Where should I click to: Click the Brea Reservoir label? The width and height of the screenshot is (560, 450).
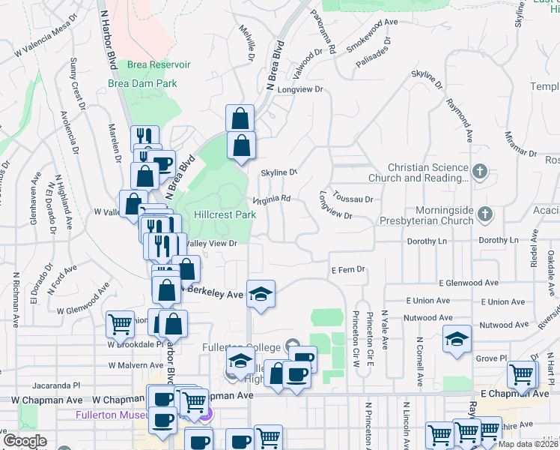158,65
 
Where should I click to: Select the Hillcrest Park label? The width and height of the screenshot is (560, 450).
225,214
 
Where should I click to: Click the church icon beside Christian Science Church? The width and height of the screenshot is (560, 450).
480,172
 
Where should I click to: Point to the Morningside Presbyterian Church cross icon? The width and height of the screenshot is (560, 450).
485,215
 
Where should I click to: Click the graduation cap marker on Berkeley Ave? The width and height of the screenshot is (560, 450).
261,293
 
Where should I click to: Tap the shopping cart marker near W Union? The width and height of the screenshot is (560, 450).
120,324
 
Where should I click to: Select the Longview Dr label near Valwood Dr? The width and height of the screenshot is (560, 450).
299,89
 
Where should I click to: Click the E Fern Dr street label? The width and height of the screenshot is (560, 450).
347,269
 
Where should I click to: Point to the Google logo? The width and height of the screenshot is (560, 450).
25,440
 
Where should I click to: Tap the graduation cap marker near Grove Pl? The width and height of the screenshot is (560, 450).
457,339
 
